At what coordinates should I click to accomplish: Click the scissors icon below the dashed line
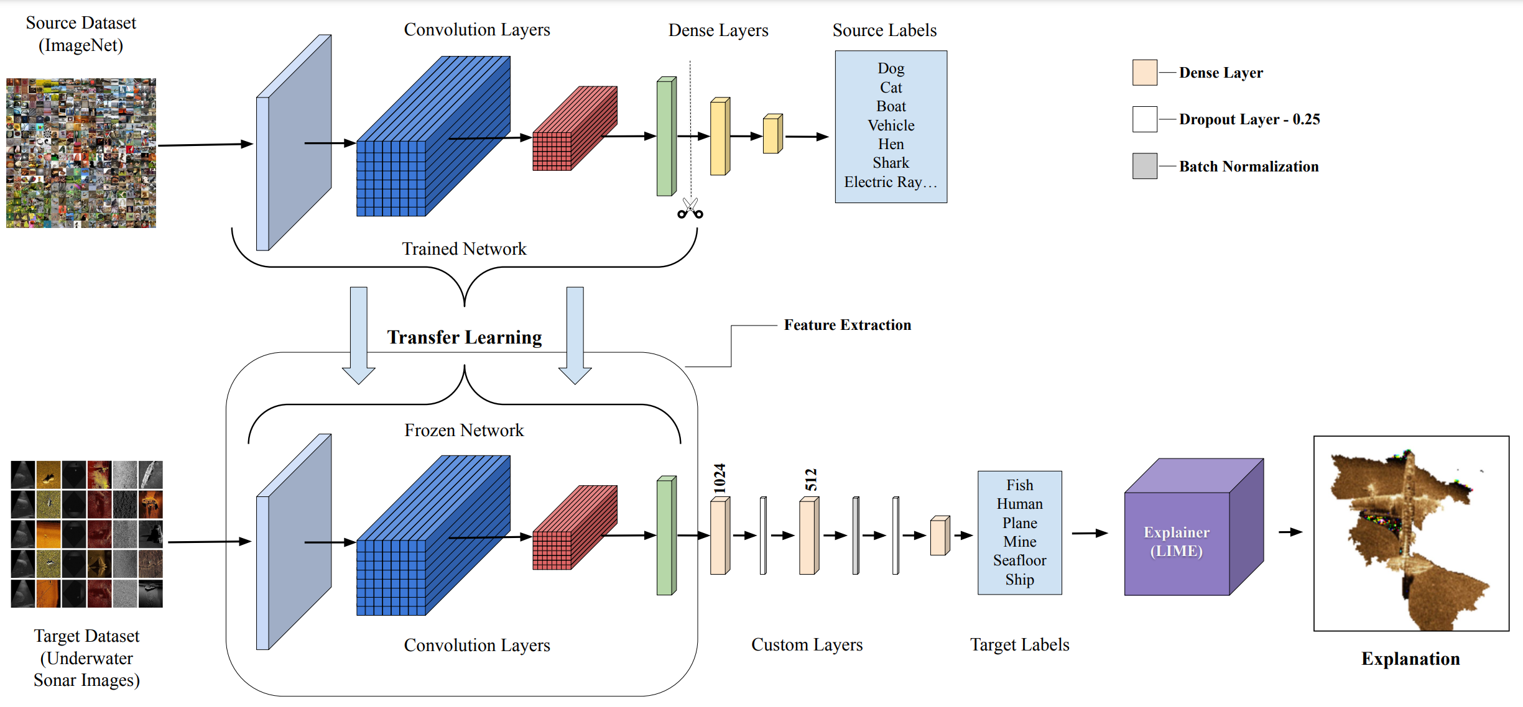click(x=690, y=209)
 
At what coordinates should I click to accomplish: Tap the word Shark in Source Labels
click(x=891, y=163)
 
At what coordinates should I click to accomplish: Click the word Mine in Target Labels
click(x=1019, y=542)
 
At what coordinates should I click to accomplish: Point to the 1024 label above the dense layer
click(x=720, y=478)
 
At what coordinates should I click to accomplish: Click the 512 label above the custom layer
click(x=811, y=480)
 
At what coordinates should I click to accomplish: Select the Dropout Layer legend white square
click(x=1144, y=119)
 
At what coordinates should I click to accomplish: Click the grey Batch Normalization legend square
click(x=1144, y=166)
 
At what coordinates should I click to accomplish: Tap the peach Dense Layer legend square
click(x=1144, y=73)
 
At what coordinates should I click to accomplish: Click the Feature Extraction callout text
click(x=847, y=325)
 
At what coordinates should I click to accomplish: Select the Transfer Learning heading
click(x=465, y=337)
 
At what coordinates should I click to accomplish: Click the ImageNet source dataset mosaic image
click(x=81, y=153)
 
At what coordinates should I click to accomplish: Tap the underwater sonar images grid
click(x=87, y=534)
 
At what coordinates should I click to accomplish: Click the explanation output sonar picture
click(x=1410, y=534)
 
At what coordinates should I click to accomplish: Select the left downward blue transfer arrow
click(x=359, y=335)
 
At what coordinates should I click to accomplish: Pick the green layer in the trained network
click(x=666, y=137)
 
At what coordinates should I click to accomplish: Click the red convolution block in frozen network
click(x=573, y=528)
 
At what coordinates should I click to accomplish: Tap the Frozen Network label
click(x=464, y=430)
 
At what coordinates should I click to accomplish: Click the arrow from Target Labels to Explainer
click(x=1090, y=533)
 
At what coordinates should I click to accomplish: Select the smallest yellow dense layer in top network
click(x=772, y=134)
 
